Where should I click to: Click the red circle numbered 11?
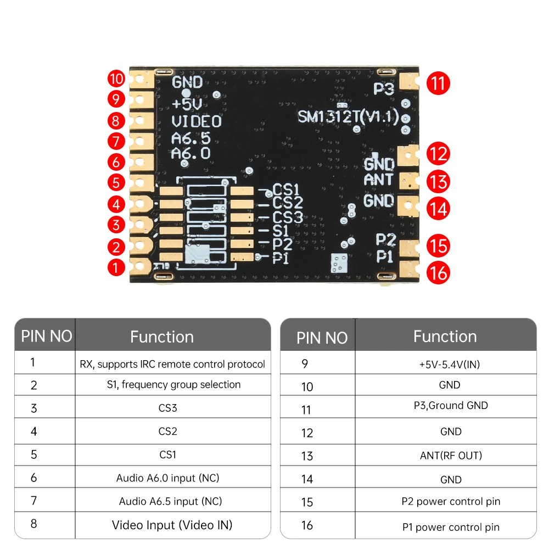point(438,83)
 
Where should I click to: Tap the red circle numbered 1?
point(116,267)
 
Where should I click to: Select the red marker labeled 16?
point(438,272)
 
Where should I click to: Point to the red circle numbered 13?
point(438,182)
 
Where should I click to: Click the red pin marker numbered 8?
point(116,120)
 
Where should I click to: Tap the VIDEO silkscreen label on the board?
point(197,121)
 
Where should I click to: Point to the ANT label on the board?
point(379,180)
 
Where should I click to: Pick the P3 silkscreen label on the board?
point(384,89)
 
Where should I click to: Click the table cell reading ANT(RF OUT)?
point(451,455)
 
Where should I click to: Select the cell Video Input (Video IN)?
point(172,525)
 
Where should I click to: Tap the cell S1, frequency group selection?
point(173,384)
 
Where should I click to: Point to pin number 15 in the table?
point(307,502)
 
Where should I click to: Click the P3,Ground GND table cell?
point(451,406)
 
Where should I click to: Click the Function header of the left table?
point(162,337)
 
